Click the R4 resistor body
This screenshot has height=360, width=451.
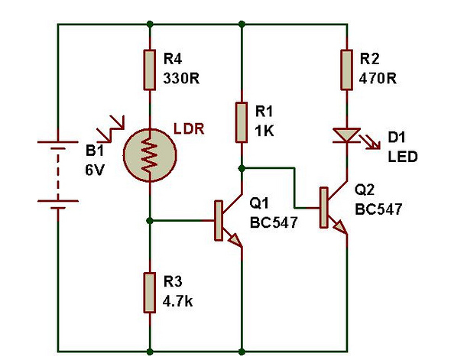click(150, 70)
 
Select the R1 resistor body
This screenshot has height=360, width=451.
click(242, 122)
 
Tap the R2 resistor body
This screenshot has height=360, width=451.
click(346, 70)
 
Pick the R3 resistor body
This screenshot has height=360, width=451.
click(150, 293)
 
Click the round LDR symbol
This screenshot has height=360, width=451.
click(150, 155)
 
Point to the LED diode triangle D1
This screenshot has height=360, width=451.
click(346, 135)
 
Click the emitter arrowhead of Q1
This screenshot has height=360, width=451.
click(235, 241)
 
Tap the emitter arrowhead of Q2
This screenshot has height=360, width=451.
click(341, 227)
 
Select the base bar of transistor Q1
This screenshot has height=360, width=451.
click(219, 221)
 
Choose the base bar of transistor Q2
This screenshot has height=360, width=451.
click(324, 207)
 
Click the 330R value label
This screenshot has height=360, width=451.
click(181, 78)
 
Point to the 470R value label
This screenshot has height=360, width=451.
click(378, 78)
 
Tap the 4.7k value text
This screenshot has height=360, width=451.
click(178, 301)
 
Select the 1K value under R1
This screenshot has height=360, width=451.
click(264, 131)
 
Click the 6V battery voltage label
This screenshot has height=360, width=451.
click(94, 170)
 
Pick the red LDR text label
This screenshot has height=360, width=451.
click(189, 129)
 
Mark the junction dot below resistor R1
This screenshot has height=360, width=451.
click(242, 168)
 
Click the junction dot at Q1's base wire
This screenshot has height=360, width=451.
click(150, 221)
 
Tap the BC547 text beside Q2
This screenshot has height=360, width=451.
click(378, 209)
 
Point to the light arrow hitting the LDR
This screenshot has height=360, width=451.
click(111, 129)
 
